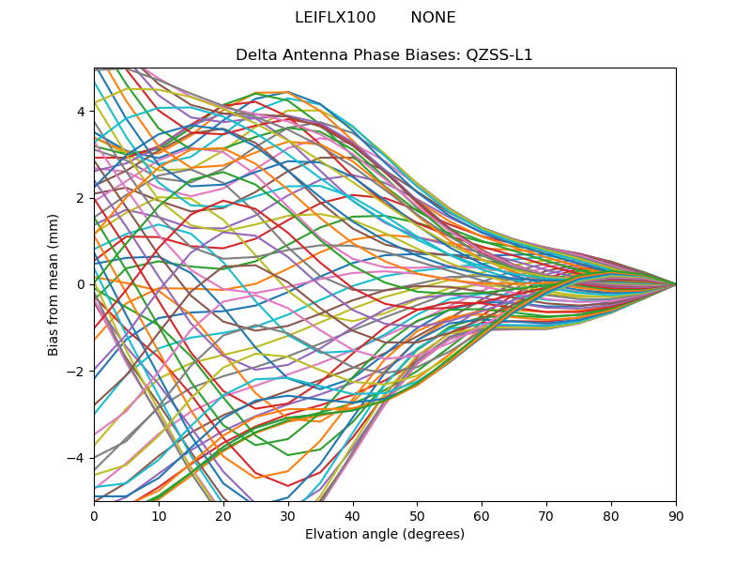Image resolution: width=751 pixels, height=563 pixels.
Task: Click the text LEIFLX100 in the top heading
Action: click(x=335, y=18)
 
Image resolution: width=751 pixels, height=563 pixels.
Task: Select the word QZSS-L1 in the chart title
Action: click(x=499, y=55)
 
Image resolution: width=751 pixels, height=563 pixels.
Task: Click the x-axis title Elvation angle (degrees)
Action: click(x=385, y=535)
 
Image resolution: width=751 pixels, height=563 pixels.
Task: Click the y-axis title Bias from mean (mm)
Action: click(x=54, y=284)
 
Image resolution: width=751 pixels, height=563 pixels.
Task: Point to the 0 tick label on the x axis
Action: click(x=94, y=515)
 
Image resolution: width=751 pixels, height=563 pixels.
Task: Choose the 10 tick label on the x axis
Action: click(x=159, y=515)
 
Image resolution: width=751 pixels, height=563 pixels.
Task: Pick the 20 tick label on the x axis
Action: click(x=223, y=515)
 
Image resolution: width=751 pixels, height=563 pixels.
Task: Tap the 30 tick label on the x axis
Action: click(x=288, y=515)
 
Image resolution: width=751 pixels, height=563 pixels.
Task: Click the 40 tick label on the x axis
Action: click(x=353, y=515)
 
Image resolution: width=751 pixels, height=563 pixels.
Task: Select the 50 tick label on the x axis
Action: click(x=417, y=515)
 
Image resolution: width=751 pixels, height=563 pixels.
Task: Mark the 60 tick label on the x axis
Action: click(x=482, y=515)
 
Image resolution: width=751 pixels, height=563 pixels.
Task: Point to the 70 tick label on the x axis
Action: click(x=546, y=515)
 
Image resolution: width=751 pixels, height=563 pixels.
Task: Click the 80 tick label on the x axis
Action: click(x=611, y=515)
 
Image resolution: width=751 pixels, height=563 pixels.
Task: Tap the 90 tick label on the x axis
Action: click(x=676, y=515)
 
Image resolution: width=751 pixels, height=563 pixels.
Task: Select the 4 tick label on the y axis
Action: click(x=81, y=112)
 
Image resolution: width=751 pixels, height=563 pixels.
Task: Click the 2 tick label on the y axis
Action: click(x=81, y=198)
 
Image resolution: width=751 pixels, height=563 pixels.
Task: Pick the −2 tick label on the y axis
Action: click(x=77, y=372)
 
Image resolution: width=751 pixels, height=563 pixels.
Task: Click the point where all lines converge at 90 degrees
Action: click(x=676, y=284)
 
